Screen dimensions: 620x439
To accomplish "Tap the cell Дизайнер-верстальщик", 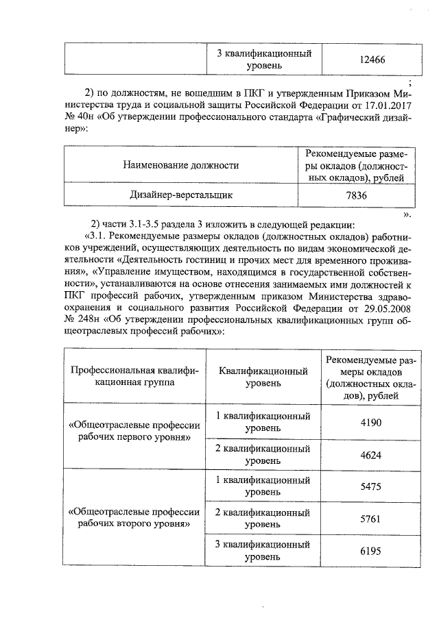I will click(181, 195).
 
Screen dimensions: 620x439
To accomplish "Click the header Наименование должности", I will click(181, 164).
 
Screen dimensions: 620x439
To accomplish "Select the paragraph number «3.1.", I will click(95, 237).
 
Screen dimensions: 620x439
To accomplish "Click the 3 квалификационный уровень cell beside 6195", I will click(263, 551).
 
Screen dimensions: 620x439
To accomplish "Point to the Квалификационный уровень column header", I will click(263, 377).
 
